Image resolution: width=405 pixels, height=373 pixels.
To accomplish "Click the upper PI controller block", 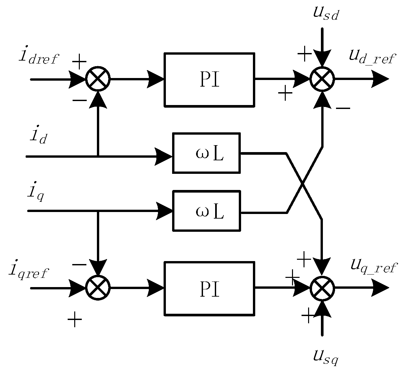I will (x=209, y=80).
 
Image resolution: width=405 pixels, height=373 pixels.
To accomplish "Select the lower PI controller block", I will (x=209, y=288).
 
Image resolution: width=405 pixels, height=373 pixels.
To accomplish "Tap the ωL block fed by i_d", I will (x=206, y=153).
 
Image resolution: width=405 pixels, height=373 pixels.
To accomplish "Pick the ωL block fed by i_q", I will (x=206, y=210).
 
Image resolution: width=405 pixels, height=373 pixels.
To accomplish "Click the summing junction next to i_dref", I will (x=98, y=79).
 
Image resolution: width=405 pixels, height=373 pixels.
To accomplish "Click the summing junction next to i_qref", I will (x=98, y=288).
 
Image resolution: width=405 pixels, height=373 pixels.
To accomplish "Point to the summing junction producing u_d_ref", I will (x=322, y=79).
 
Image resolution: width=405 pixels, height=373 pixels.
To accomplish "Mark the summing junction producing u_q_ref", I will (x=322, y=288).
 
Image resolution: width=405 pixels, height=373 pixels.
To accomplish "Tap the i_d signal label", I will (x=38, y=135).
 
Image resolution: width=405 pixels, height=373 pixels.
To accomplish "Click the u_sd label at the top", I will (x=325, y=14).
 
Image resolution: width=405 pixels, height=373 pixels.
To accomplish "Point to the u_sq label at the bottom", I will (x=325, y=357).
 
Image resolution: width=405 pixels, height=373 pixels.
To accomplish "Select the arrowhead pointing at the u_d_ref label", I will (x=380, y=79).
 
